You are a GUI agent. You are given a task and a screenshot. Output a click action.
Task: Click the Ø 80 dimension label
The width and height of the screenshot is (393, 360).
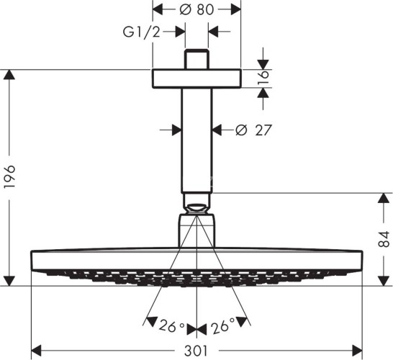(x=196, y=10)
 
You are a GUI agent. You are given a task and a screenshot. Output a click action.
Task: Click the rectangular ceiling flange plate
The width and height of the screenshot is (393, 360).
(x=196, y=78)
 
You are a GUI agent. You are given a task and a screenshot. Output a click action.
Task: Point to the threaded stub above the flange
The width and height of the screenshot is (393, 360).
(x=196, y=59)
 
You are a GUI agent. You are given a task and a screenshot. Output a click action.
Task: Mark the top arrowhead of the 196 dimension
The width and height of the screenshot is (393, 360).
(x=9, y=75)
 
